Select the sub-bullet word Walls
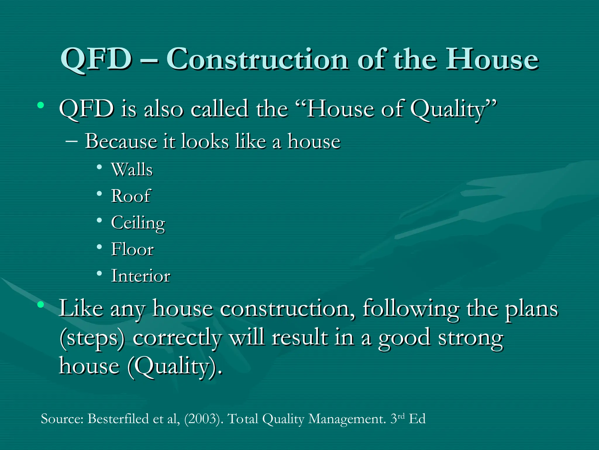pyautogui.click(x=132, y=170)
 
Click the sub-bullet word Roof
pyautogui.click(x=131, y=196)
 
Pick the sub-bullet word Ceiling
pyautogui.click(x=138, y=223)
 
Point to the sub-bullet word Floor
pyautogui.click(x=132, y=250)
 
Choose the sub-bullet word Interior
pyautogui.click(x=141, y=276)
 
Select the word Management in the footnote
pyautogui.click(x=347, y=419)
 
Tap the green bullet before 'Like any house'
pyautogui.click(x=41, y=305)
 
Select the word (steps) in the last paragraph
pyautogui.click(x=92, y=338)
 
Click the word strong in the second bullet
pyautogui.click(x=471, y=338)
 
